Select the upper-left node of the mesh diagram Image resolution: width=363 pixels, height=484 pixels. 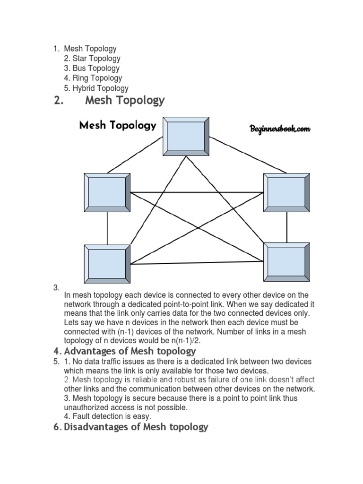click(x=107, y=192)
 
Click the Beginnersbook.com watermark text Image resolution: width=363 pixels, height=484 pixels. click(x=280, y=129)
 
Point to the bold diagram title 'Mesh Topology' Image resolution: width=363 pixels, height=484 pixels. click(x=117, y=125)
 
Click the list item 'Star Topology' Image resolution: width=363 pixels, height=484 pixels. click(x=96, y=59)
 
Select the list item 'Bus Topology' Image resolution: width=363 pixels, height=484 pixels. click(x=96, y=69)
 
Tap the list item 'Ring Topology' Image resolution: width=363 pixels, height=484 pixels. click(x=97, y=78)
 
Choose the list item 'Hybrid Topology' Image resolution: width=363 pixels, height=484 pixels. click(x=100, y=88)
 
